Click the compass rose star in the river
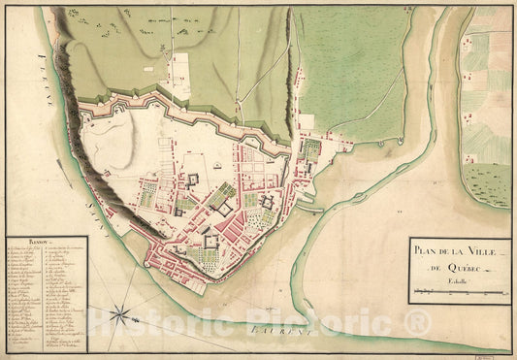coord(121,313)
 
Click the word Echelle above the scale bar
coord(460,281)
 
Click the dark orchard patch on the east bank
coord(488,179)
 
